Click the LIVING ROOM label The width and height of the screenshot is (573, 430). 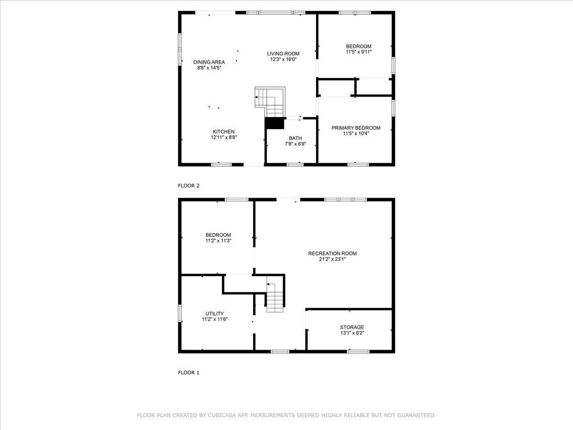pyautogui.click(x=283, y=54)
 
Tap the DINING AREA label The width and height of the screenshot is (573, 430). pyautogui.click(x=209, y=62)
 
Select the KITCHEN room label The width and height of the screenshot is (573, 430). pyautogui.click(x=223, y=131)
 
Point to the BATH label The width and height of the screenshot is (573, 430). pyautogui.click(x=295, y=138)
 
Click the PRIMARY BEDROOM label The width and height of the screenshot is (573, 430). pyautogui.click(x=356, y=128)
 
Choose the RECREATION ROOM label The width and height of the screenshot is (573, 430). pyautogui.click(x=332, y=253)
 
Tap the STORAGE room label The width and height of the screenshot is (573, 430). pyautogui.click(x=352, y=327)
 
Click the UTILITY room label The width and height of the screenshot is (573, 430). pyautogui.click(x=214, y=313)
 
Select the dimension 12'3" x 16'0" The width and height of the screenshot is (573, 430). pyautogui.click(x=283, y=60)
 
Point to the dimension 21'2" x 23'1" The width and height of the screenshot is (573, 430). pyautogui.click(x=332, y=259)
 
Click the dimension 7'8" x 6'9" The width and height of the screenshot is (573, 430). pyautogui.click(x=295, y=144)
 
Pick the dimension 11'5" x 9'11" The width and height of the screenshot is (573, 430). pyautogui.click(x=359, y=52)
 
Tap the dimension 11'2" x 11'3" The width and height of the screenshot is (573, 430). pyautogui.click(x=218, y=241)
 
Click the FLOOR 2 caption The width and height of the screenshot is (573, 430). pyautogui.click(x=189, y=186)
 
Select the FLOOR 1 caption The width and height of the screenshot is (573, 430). pyautogui.click(x=189, y=373)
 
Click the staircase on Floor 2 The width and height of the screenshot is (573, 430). pyautogui.click(x=270, y=102)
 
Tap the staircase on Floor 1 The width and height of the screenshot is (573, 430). pyautogui.click(x=275, y=297)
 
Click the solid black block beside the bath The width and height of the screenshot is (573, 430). pyautogui.click(x=275, y=123)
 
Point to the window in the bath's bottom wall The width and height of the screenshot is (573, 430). pyautogui.click(x=295, y=164)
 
